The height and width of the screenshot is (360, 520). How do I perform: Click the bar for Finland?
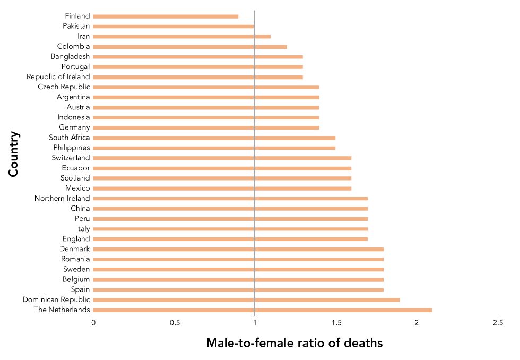[166, 16]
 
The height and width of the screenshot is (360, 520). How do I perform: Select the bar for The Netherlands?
[263, 310]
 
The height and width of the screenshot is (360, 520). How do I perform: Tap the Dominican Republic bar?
[247, 300]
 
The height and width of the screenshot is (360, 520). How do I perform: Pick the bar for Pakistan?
[174, 26]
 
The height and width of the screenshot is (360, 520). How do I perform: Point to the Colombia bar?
[190, 47]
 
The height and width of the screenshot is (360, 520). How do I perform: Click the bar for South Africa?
[214, 138]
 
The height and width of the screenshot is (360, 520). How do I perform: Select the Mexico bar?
[222, 188]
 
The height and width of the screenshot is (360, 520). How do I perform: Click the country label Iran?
[83, 37]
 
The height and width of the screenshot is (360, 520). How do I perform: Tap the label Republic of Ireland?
[58, 77]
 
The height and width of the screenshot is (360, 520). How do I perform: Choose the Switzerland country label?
[71, 158]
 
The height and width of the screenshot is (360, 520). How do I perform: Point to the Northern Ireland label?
[62, 199]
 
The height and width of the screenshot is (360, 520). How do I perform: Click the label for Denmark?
[74, 249]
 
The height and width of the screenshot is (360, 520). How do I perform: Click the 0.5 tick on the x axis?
[175, 323]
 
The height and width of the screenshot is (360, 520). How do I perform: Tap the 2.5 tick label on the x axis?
[497, 323]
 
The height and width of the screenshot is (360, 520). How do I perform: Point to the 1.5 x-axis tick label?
[336, 323]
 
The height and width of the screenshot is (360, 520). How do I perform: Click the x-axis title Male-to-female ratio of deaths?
[294, 343]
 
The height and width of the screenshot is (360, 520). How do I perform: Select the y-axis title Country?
[14, 155]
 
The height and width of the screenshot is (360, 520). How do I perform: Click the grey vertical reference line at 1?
[255, 159]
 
